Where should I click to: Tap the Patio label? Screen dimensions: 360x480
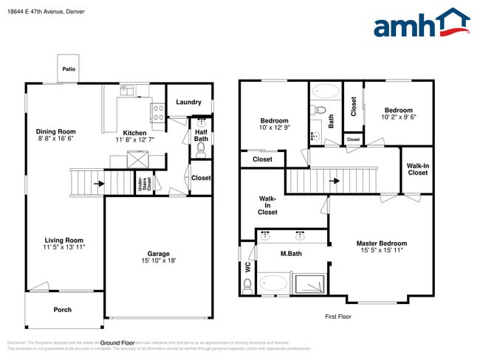68,69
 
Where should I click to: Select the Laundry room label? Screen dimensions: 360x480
189,103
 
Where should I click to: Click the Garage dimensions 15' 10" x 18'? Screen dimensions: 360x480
158,260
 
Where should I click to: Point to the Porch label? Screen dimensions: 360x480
63,310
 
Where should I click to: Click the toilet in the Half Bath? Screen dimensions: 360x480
201,148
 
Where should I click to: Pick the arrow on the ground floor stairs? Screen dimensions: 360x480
99,184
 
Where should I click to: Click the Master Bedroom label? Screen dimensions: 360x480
381,243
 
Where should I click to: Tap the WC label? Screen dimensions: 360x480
247,266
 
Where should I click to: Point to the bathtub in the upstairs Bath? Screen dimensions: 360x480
326,92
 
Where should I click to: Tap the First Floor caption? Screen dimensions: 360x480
338,316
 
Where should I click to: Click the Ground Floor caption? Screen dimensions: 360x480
117,343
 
